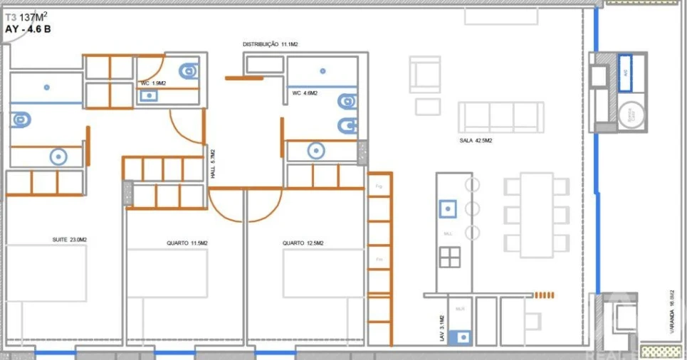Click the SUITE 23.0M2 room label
tap(70, 240)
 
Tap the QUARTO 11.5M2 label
tap(187, 243)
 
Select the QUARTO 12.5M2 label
tap(303, 243)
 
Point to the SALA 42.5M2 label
tap(476, 141)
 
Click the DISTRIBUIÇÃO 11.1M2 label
tap(270, 44)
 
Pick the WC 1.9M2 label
tap(153, 84)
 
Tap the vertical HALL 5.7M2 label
tap(212, 164)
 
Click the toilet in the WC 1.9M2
tap(189, 70)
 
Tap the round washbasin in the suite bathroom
tap(57, 157)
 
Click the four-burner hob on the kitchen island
tap(449, 257)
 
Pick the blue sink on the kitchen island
tap(447, 209)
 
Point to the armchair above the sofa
tap(425, 74)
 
